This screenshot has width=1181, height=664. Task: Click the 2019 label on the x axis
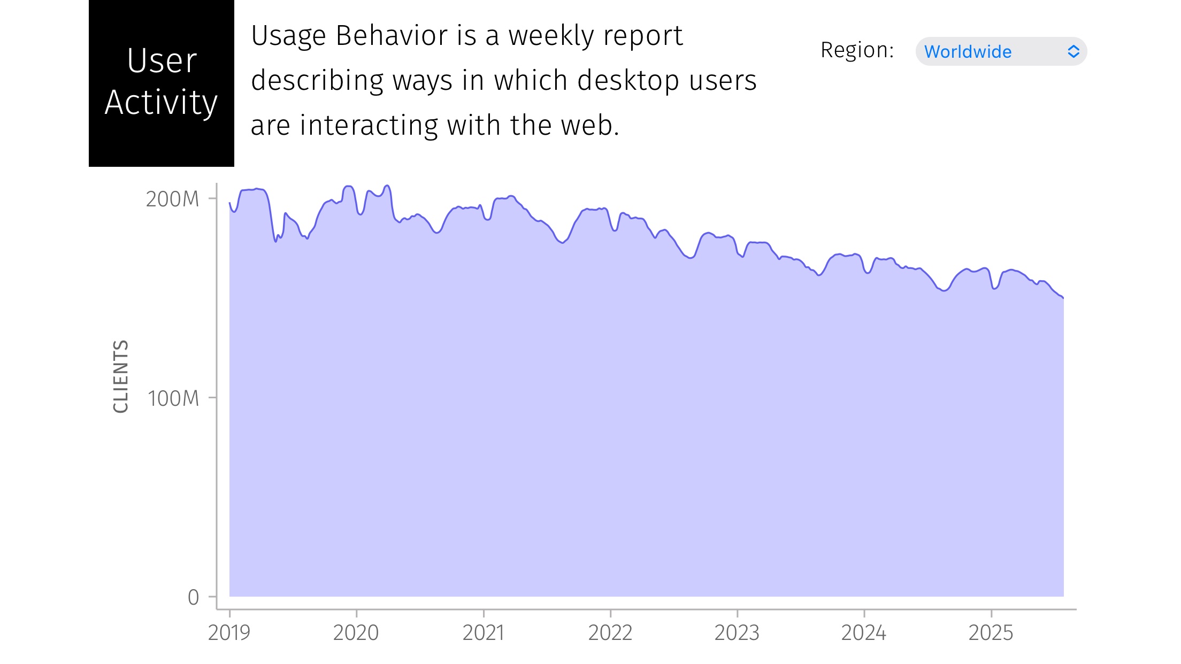[229, 633]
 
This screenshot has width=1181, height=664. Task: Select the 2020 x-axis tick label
[356, 633]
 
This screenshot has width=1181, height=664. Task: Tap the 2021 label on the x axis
[483, 633]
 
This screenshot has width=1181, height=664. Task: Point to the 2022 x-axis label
[610, 633]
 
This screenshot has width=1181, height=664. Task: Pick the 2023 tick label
[737, 633]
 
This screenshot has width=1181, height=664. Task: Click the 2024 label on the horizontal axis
[864, 633]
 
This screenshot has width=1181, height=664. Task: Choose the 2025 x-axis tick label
[991, 633]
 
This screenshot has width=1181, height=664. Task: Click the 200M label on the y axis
[172, 199]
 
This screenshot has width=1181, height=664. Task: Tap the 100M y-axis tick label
[173, 399]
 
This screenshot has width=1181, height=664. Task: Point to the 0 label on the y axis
[194, 597]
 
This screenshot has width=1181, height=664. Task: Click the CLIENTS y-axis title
[121, 376]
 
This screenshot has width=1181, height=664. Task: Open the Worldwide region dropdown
[1001, 51]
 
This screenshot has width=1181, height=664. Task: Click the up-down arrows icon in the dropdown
[1073, 51]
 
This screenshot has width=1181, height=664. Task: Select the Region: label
[857, 50]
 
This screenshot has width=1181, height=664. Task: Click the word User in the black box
[162, 61]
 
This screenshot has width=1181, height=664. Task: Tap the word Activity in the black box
[162, 103]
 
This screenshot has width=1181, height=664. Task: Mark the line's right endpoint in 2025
[1063, 298]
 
